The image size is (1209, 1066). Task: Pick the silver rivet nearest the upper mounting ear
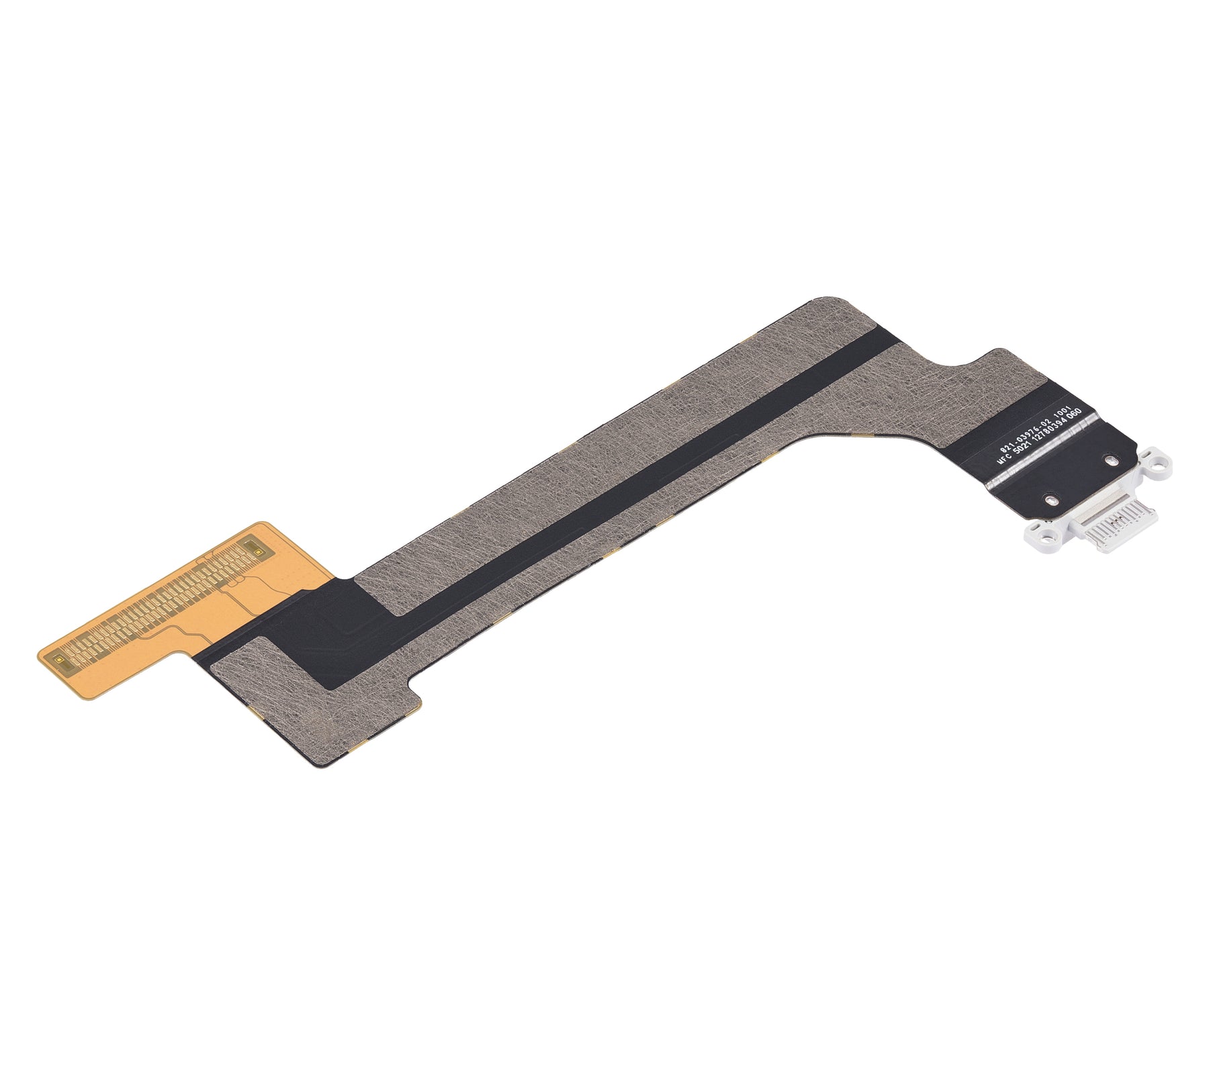(x=1110, y=461)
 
